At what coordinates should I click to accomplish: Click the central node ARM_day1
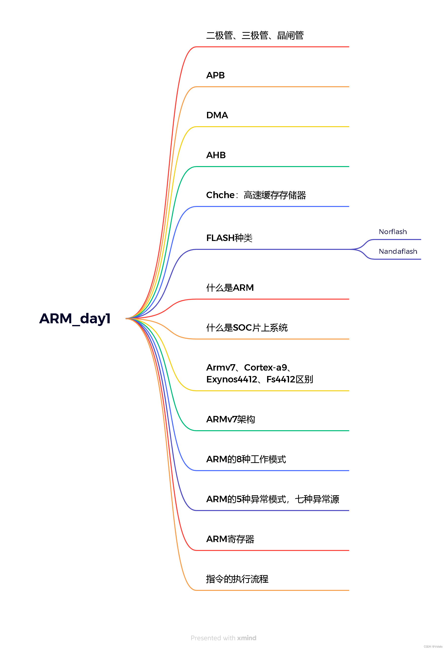pyautogui.click(x=75, y=319)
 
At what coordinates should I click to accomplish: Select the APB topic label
pyautogui.click(x=215, y=75)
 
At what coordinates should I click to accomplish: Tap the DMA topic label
pyautogui.click(x=217, y=115)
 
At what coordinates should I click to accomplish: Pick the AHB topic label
pyautogui.click(x=216, y=155)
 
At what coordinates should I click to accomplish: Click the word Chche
pyautogui.click(x=220, y=195)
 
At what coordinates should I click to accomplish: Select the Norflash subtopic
pyautogui.click(x=393, y=232)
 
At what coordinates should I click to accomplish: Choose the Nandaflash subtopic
pyautogui.click(x=398, y=251)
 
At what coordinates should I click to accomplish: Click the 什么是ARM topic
pyautogui.click(x=230, y=288)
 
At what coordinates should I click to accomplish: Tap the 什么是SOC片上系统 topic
pyautogui.click(x=247, y=328)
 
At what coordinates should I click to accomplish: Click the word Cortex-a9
pyautogui.click(x=265, y=368)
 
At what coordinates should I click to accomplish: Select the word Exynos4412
pyautogui.click(x=232, y=379)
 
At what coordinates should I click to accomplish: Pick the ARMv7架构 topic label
pyautogui.click(x=230, y=420)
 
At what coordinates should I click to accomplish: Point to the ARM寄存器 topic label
pyautogui.click(x=230, y=539)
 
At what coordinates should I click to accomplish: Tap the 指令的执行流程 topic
pyautogui.click(x=237, y=579)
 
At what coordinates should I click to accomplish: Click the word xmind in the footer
pyautogui.click(x=247, y=638)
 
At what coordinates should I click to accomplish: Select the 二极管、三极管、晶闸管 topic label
pyautogui.click(x=255, y=35)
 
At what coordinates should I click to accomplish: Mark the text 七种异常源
pyautogui.click(x=317, y=499)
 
